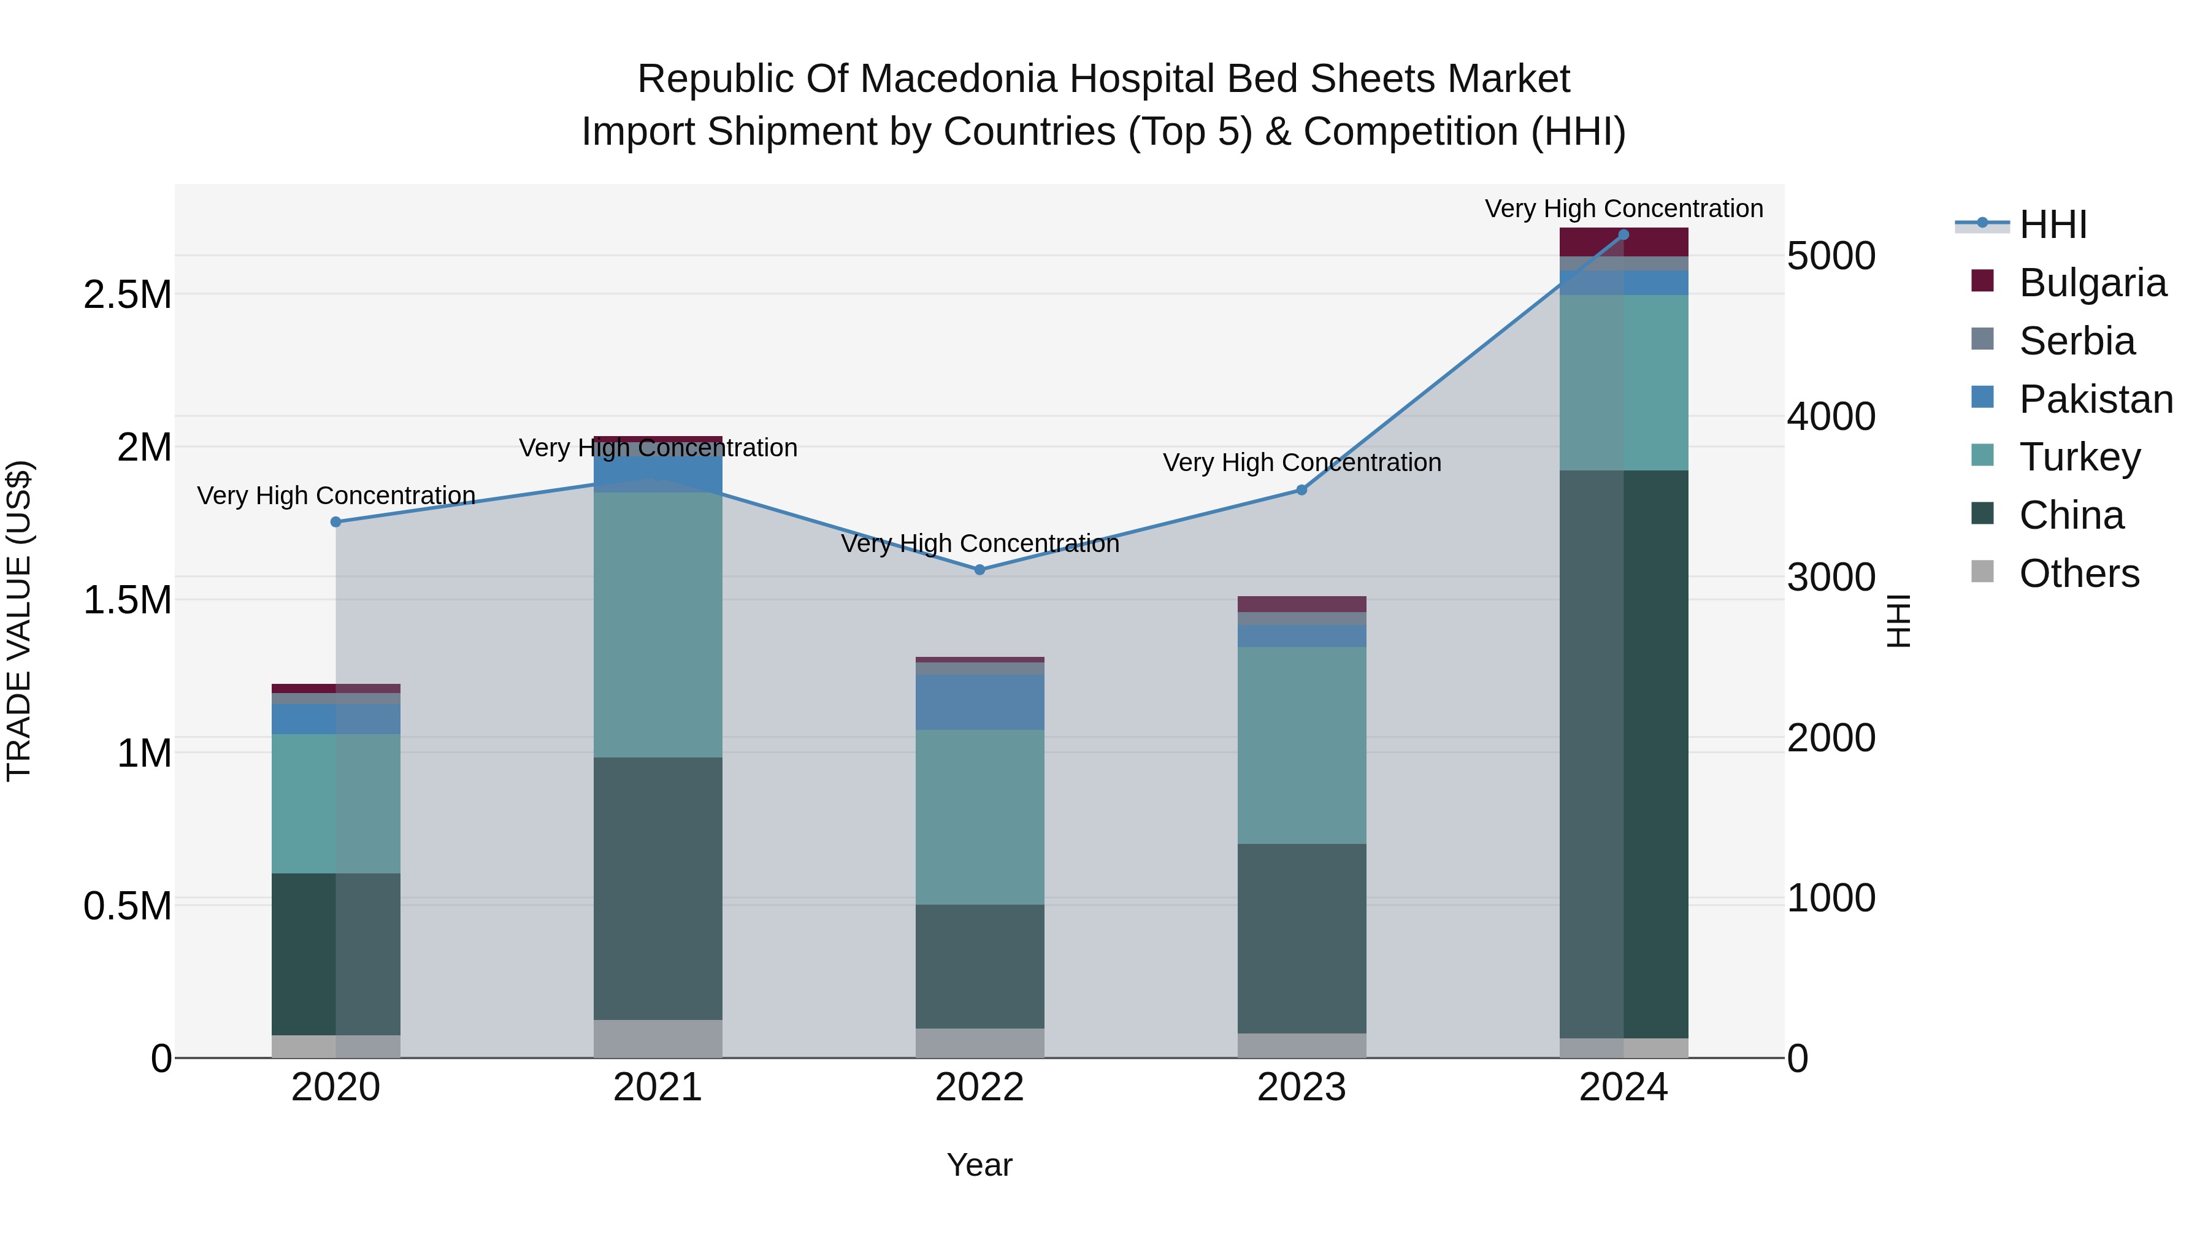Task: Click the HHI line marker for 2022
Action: (979, 570)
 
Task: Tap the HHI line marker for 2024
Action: (1623, 235)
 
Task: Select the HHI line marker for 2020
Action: (336, 522)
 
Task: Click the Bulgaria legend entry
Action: (2091, 282)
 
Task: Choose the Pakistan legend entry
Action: (2095, 399)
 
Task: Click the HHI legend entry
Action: (2052, 224)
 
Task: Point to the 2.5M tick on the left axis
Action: (127, 295)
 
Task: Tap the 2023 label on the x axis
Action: (1301, 1087)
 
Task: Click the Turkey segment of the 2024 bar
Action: (1623, 382)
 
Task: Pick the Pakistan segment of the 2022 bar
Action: (979, 702)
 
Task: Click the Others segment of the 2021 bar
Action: (657, 1039)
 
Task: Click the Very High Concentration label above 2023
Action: (1301, 463)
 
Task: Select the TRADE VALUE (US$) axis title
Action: (19, 621)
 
